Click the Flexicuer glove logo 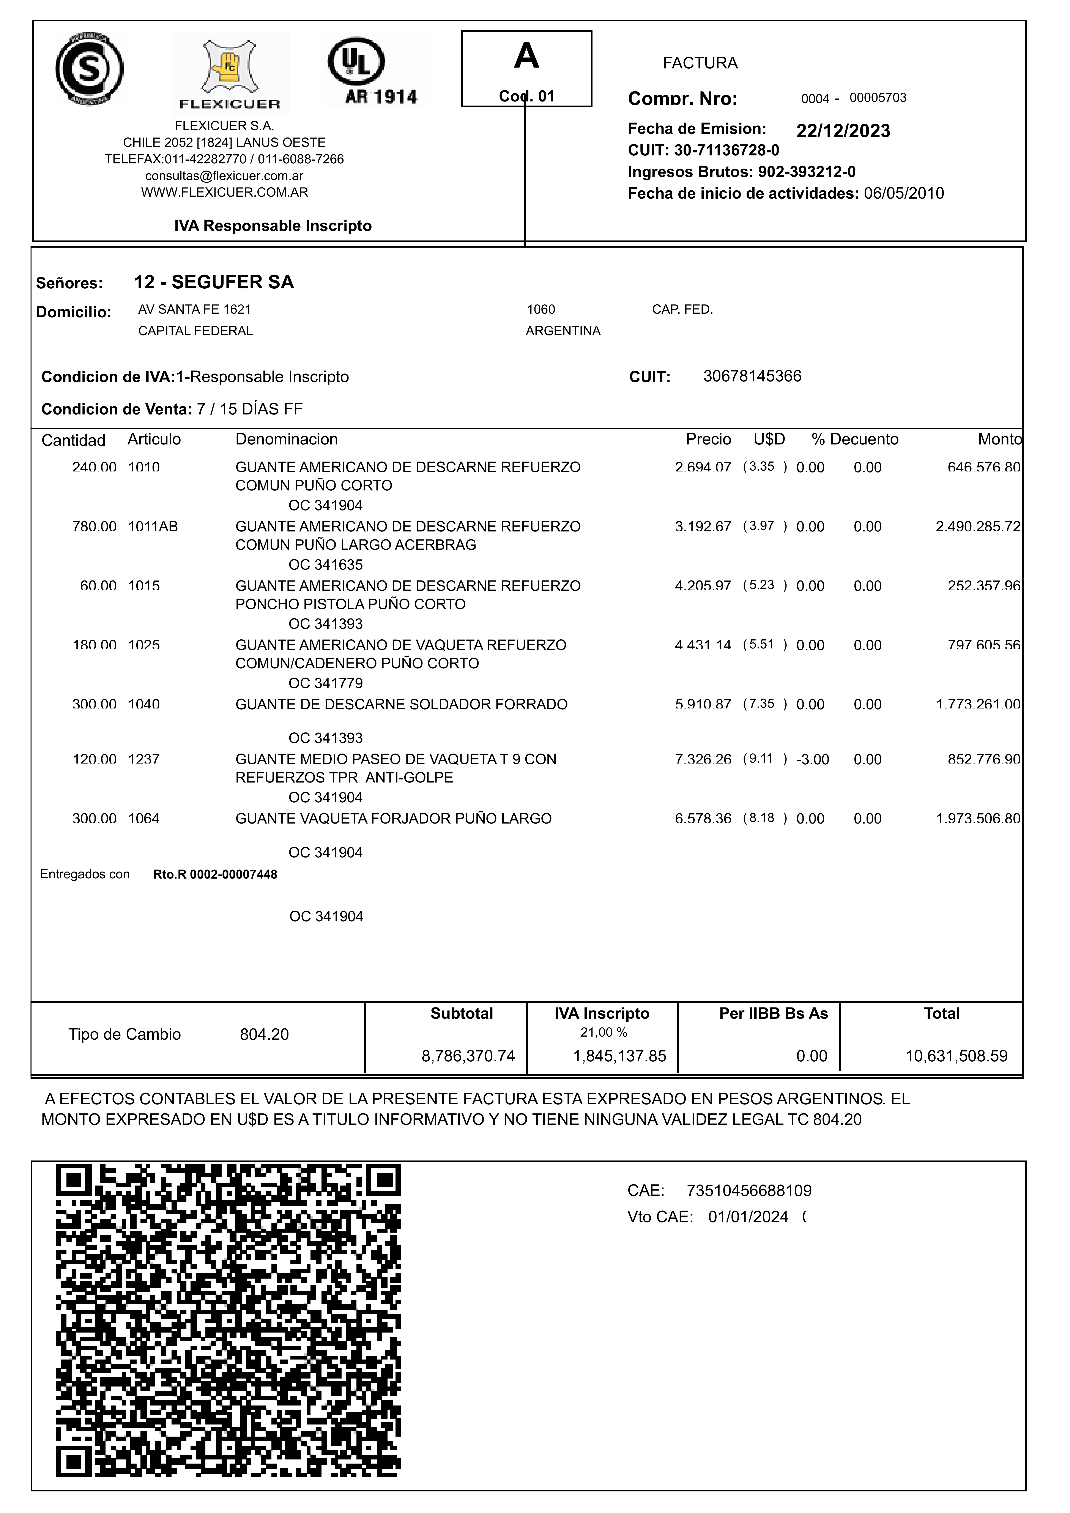click(x=229, y=73)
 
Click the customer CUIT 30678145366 click(x=752, y=376)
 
